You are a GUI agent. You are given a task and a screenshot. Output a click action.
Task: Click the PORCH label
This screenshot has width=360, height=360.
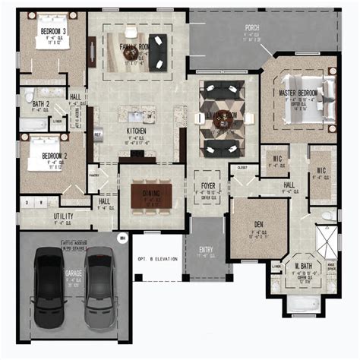point(251,29)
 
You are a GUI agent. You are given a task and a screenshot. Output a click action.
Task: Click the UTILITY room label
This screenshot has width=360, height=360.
point(63,216)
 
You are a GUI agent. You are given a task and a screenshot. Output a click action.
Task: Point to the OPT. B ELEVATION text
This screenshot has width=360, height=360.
point(157,258)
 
